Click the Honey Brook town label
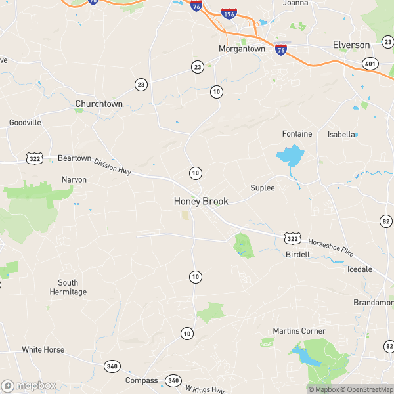(200, 201)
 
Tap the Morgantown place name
(242, 49)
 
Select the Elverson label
(351, 45)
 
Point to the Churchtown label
(99, 104)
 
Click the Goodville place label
(25, 123)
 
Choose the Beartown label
(74, 159)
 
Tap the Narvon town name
(74, 179)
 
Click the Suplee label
(262, 188)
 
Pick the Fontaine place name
(297, 133)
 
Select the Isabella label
(341, 135)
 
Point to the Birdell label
(297, 254)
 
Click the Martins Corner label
(299, 330)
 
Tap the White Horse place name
(43, 350)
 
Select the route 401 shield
(369, 63)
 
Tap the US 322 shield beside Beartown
(35, 158)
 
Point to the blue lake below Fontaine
(290, 156)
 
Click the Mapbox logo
(30, 385)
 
